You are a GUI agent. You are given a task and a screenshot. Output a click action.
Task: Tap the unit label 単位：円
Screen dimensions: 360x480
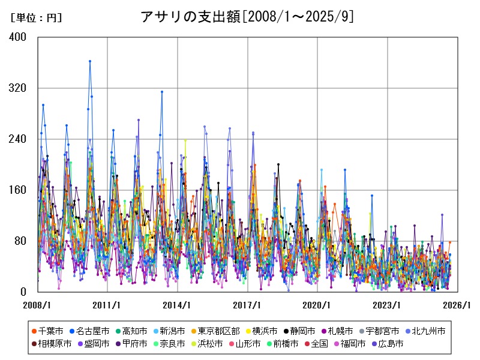[x=37, y=17]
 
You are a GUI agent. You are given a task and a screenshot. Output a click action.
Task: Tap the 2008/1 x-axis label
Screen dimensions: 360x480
[x=38, y=305]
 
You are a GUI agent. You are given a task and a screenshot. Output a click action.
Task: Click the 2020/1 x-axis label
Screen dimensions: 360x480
[x=317, y=305]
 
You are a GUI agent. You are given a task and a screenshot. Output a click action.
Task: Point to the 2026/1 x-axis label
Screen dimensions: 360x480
[x=457, y=305]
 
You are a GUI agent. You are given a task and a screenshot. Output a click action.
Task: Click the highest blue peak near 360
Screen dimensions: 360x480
[x=90, y=61]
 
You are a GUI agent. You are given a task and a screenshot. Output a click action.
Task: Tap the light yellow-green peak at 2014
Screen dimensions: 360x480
[x=185, y=140]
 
